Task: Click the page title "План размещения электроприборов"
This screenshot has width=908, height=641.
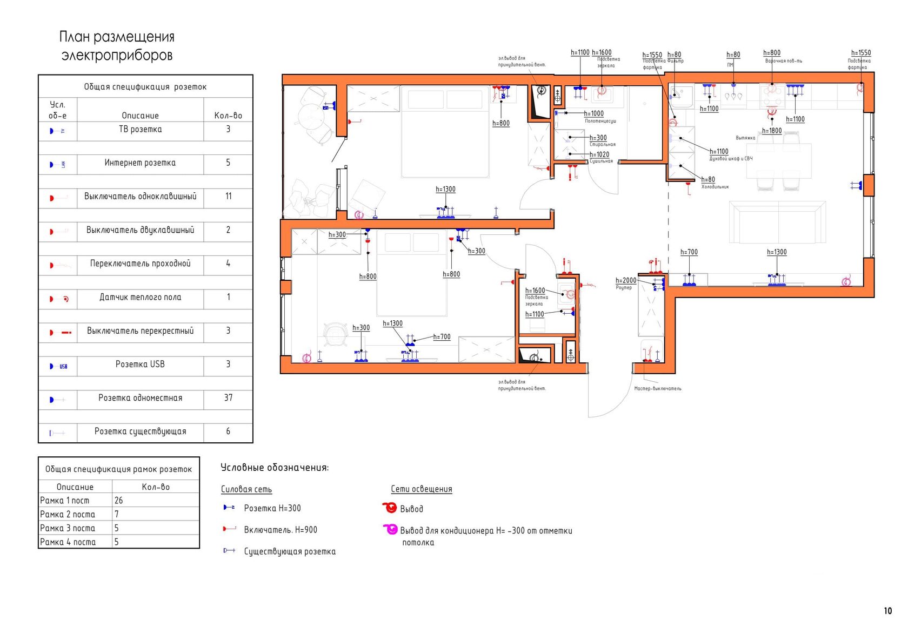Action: tap(117, 46)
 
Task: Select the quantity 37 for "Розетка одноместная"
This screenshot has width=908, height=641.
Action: tap(228, 398)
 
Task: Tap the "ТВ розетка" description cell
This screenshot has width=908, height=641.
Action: tap(141, 130)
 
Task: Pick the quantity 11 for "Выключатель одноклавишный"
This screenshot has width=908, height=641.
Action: tap(228, 197)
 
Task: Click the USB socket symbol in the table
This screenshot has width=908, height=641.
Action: tap(58, 366)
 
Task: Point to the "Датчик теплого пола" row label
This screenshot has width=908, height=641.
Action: tap(141, 298)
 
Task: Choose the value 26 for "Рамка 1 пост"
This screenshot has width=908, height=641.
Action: tap(119, 501)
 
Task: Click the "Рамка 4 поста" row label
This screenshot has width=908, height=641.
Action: tap(68, 542)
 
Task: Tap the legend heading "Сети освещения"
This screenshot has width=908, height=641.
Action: tap(422, 489)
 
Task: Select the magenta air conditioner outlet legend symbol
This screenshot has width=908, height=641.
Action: tap(390, 529)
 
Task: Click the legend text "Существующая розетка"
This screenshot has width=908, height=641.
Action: tap(290, 551)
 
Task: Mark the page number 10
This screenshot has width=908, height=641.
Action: tap(888, 611)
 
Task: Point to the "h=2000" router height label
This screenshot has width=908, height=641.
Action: tap(626, 280)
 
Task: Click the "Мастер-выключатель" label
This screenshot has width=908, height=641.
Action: tap(658, 389)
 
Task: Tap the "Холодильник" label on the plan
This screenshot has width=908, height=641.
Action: tap(715, 187)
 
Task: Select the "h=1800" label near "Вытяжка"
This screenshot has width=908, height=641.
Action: tap(772, 131)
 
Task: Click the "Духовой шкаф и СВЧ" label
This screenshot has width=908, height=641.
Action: tap(731, 159)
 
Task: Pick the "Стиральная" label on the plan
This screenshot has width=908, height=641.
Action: tap(602, 145)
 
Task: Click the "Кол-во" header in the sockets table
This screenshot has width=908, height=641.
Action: tap(228, 116)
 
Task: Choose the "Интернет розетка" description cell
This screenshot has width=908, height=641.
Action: tap(141, 163)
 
